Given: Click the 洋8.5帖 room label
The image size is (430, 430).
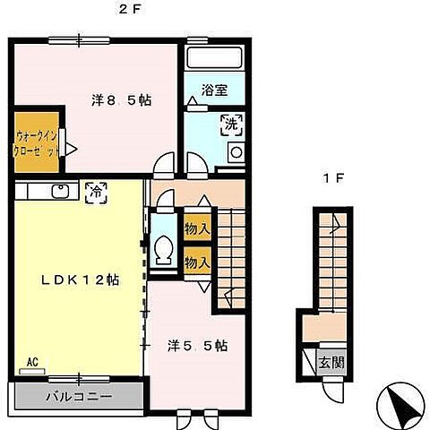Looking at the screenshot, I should click(121, 100).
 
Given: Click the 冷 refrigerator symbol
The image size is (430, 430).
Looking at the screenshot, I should click(93, 190).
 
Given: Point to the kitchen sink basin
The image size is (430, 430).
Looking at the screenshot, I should click(61, 190).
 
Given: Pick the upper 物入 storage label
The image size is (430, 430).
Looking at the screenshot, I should click(196, 229).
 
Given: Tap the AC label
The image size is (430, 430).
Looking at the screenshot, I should click(32, 362).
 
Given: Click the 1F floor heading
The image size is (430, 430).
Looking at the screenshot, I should click(333, 177).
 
